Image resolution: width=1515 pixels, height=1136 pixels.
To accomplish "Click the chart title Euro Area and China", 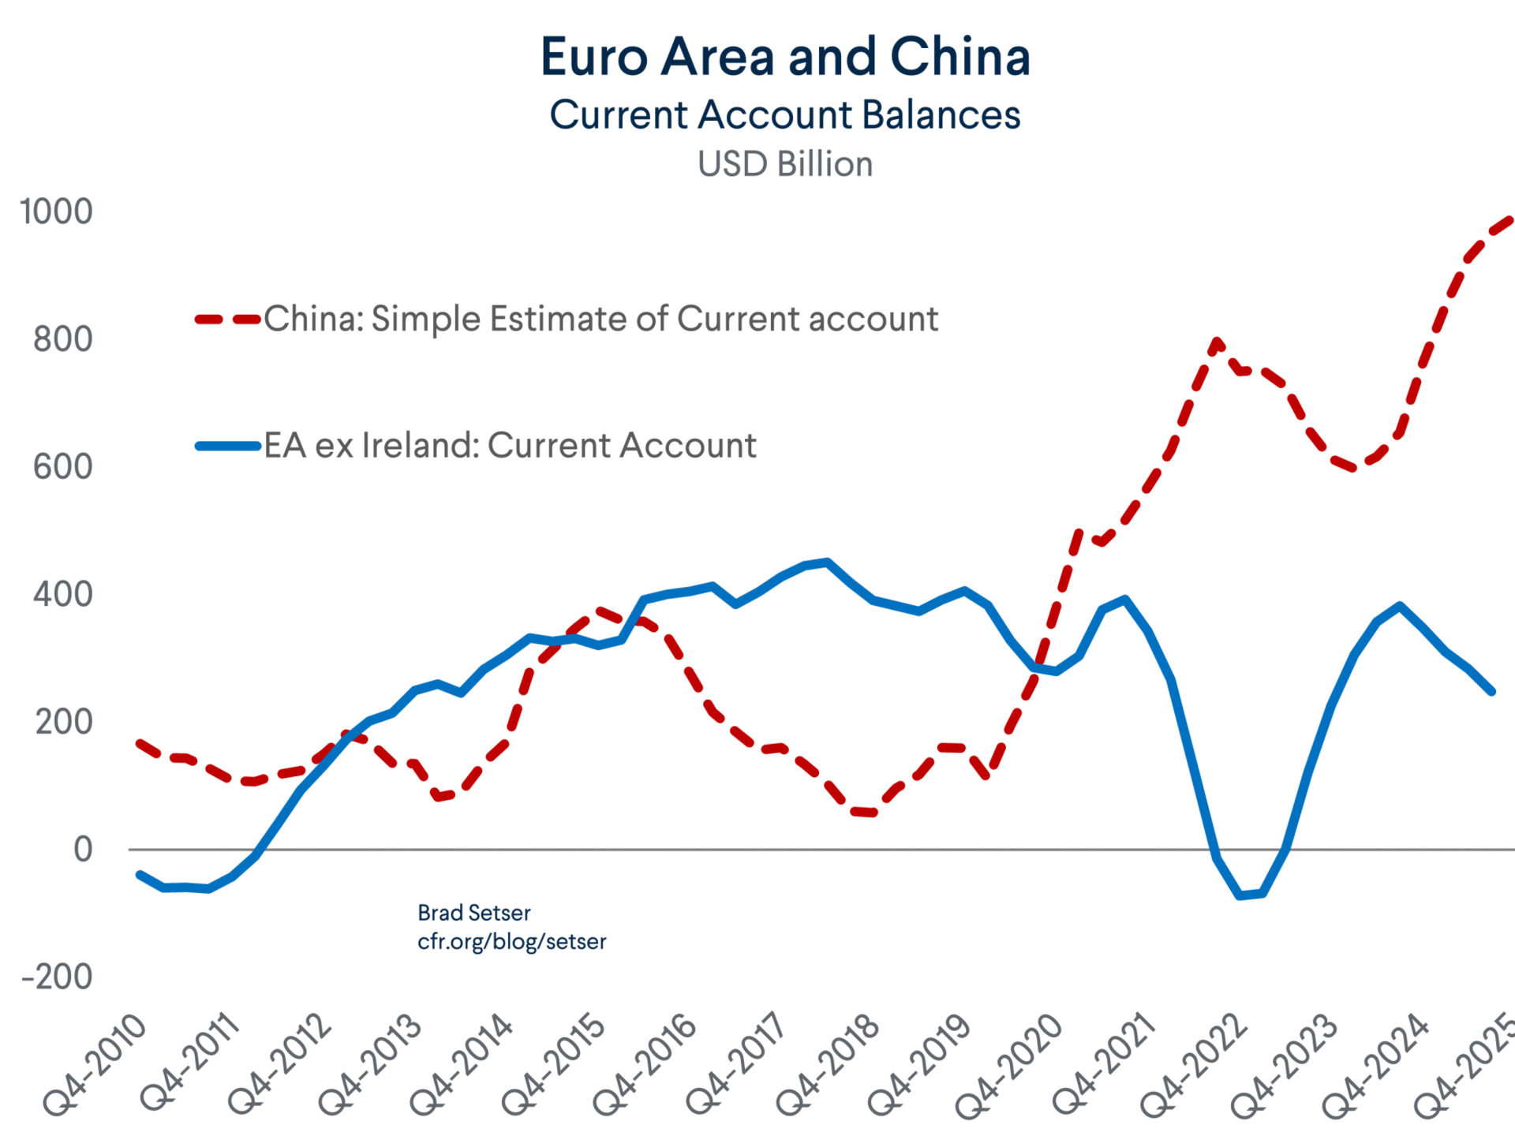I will coord(785,57).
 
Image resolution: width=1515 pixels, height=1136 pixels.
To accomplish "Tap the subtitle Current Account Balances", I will coord(785,115).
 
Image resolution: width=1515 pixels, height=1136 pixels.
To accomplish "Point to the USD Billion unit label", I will coord(785,164).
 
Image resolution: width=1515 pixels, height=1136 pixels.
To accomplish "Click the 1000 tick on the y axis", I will coord(56,211).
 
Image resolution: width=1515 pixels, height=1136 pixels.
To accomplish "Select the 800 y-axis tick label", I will coord(62,339).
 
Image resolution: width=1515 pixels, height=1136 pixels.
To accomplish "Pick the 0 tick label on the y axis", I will coord(83,850).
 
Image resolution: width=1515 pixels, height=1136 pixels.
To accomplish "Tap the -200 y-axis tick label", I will coord(58,977).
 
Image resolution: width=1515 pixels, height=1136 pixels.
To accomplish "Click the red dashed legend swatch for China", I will coord(228,319).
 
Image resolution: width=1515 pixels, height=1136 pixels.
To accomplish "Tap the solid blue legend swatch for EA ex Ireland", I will coord(228,447).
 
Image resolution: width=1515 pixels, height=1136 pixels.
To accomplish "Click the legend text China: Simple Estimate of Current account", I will coord(600,319).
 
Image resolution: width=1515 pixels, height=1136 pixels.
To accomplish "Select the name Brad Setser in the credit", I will coord(473,913).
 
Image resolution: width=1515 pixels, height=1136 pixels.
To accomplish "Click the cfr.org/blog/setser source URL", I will coord(511,941).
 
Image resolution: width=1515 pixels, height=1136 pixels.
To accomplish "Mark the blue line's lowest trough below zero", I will coord(1240,896).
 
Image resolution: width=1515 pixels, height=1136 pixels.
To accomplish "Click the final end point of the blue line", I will coord(1491,691).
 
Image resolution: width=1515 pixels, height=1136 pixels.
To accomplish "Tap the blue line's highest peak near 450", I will coord(826,562).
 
